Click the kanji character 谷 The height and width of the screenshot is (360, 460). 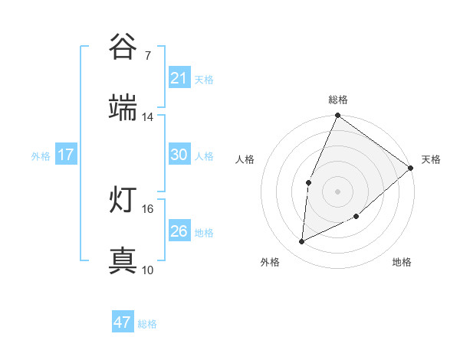(123, 47)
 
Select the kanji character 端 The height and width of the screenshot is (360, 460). (123, 107)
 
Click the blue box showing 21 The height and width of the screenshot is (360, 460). (179, 78)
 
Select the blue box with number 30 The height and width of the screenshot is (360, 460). (179, 155)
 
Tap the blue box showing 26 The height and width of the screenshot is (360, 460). (179, 231)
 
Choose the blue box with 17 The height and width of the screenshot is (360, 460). (66, 155)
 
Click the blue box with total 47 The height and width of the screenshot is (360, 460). (123, 322)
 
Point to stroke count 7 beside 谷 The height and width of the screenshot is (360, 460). (147, 55)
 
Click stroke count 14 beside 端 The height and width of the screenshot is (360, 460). (148, 116)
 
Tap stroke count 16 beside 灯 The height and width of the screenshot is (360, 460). (148, 208)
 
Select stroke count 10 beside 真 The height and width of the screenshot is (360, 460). (148, 270)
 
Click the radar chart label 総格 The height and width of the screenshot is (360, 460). (338, 100)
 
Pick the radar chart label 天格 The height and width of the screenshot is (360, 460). (431, 159)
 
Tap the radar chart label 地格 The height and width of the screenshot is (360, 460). (402, 262)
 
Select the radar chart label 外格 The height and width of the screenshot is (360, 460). (270, 262)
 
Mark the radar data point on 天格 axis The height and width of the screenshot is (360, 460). (411, 168)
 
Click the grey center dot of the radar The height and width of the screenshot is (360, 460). (337, 191)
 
